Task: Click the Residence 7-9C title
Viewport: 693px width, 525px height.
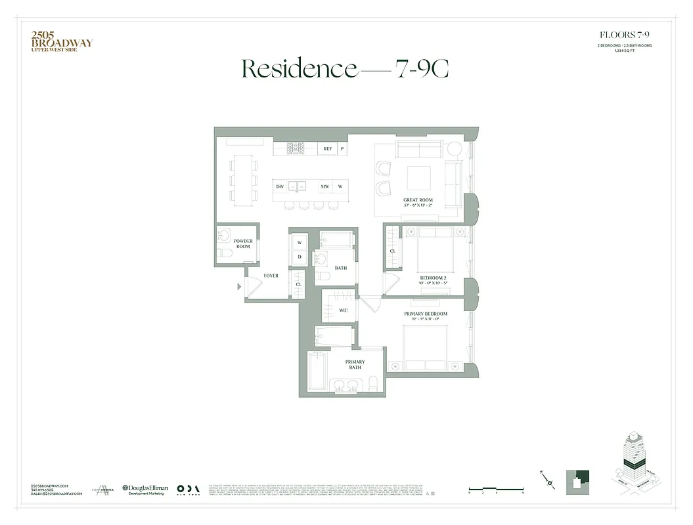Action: tap(346, 68)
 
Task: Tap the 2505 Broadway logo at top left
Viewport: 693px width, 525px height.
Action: tap(62, 41)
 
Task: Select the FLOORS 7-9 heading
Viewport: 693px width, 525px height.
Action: tap(624, 34)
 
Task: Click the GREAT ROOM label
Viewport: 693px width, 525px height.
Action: tap(417, 201)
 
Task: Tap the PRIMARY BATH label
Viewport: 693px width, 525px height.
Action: tap(355, 364)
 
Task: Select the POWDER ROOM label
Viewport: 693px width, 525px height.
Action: tap(243, 243)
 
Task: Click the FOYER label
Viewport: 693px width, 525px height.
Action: tap(271, 276)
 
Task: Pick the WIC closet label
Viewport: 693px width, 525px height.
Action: tap(343, 310)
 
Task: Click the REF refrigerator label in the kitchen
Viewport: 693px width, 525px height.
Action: tap(327, 149)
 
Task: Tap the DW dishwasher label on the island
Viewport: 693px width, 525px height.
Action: tap(280, 186)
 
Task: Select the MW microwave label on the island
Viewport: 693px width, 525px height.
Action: tap(324, 186)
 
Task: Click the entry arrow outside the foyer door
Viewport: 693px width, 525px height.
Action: tap(239, 286)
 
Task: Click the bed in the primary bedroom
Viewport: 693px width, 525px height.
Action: tap(425, 348)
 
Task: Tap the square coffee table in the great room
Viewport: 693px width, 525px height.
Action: tap(418, 178)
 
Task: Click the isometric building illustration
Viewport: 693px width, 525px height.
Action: tap(634, 466)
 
